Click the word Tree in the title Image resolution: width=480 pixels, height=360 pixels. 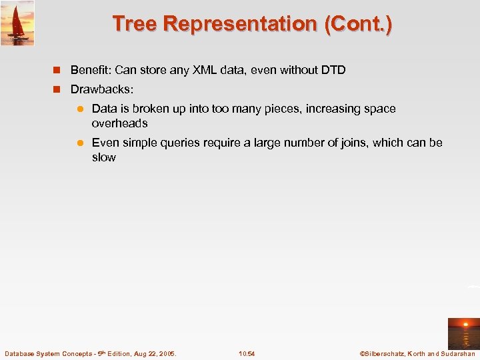pyautogui.click(x=135, y=24)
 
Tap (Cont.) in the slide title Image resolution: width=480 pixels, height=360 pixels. pyautogui.click(x=358, y=24)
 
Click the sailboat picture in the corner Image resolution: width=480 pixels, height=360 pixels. pyautogui.click(x=17, y=23)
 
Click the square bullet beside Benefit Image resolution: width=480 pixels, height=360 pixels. pyautogui.click(x=58, y=70)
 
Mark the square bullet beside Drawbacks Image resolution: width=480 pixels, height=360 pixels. pyautogui.click(x=58, y=89)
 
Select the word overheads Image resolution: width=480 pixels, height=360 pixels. pyautogui.click(x=119, y=123)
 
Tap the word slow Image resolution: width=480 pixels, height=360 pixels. pyautogui.click(x=103, y=157)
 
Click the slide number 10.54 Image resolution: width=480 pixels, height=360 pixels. pyautogui.click(x=247, y=353)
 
